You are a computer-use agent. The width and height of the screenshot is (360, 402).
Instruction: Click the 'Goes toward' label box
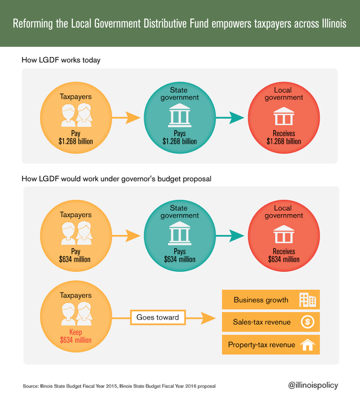click(158, 318)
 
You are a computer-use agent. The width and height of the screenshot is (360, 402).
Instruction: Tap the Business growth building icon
click(308, 300)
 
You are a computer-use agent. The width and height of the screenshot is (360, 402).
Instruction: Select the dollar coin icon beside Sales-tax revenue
click(308, 322)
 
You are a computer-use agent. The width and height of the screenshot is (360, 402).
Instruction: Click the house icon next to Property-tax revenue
click(308, 345)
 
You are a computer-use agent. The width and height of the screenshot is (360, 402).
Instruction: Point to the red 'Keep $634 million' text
click(76, 336)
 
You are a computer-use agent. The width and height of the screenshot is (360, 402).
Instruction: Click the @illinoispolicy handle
click(313, 385)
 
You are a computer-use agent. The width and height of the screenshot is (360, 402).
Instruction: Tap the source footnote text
click(119, 386)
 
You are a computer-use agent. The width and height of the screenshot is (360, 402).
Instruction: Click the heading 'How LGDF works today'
click(61, 60)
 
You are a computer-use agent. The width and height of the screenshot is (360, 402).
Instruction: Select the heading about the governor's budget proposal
click(116, 179)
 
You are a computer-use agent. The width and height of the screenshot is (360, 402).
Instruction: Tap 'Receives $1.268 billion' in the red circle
click(284, 137)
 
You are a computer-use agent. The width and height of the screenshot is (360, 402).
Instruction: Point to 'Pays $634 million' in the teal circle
click(180, 255)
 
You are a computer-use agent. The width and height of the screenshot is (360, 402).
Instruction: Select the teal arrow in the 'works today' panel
click(230, 118)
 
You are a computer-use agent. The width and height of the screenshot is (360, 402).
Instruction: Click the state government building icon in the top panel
click(180, 115)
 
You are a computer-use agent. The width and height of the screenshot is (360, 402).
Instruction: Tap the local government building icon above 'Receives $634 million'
click(284, 234)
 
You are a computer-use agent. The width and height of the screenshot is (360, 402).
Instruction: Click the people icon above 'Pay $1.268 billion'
click(77, 115)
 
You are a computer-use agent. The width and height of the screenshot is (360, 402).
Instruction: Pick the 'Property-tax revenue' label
click(262, 345)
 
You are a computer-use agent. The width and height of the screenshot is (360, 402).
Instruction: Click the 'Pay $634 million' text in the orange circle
click(75, 255)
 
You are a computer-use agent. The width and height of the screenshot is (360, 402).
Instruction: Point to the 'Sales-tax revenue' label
click(262, 322)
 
